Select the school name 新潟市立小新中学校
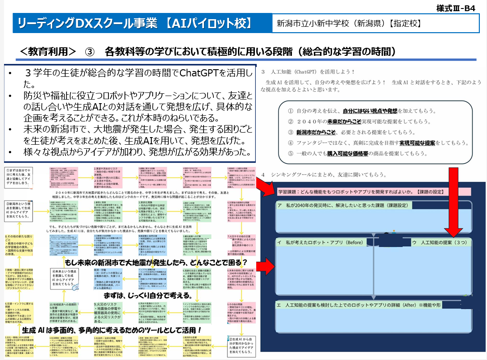(x=319, y=23)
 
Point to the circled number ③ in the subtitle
(x=90, y=51)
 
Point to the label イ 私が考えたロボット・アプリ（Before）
(x=321, y=243)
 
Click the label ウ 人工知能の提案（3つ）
(x=442, y=243)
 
